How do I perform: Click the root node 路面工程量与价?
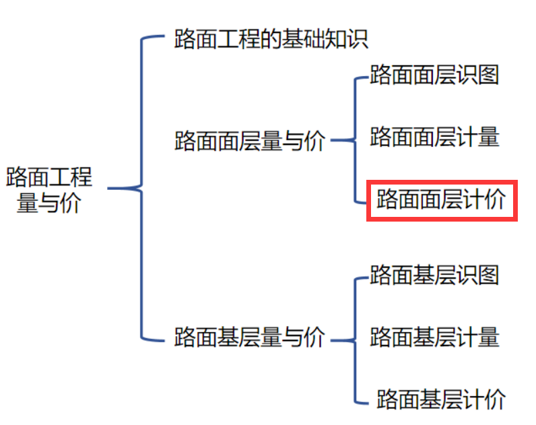49,190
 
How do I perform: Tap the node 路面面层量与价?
250,141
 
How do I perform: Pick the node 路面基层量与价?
250,336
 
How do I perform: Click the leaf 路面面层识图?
434,75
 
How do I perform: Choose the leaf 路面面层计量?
434,137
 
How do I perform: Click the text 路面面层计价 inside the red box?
441,200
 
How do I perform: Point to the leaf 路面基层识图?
434,275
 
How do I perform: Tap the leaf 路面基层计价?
441,399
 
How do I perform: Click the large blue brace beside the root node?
141,189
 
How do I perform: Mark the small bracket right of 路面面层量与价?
354,140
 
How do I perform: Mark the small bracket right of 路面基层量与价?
354,339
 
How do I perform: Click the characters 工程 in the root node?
71,178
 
